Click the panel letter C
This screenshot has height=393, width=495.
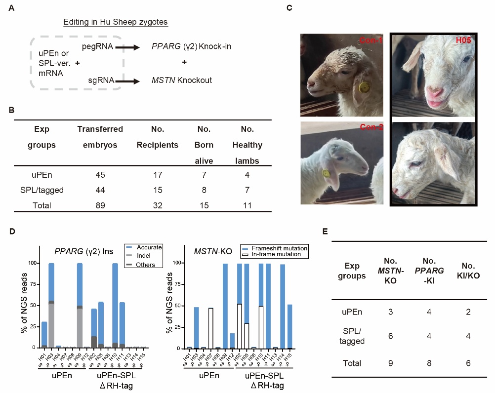pyautogui.click(x=289, y=7)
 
